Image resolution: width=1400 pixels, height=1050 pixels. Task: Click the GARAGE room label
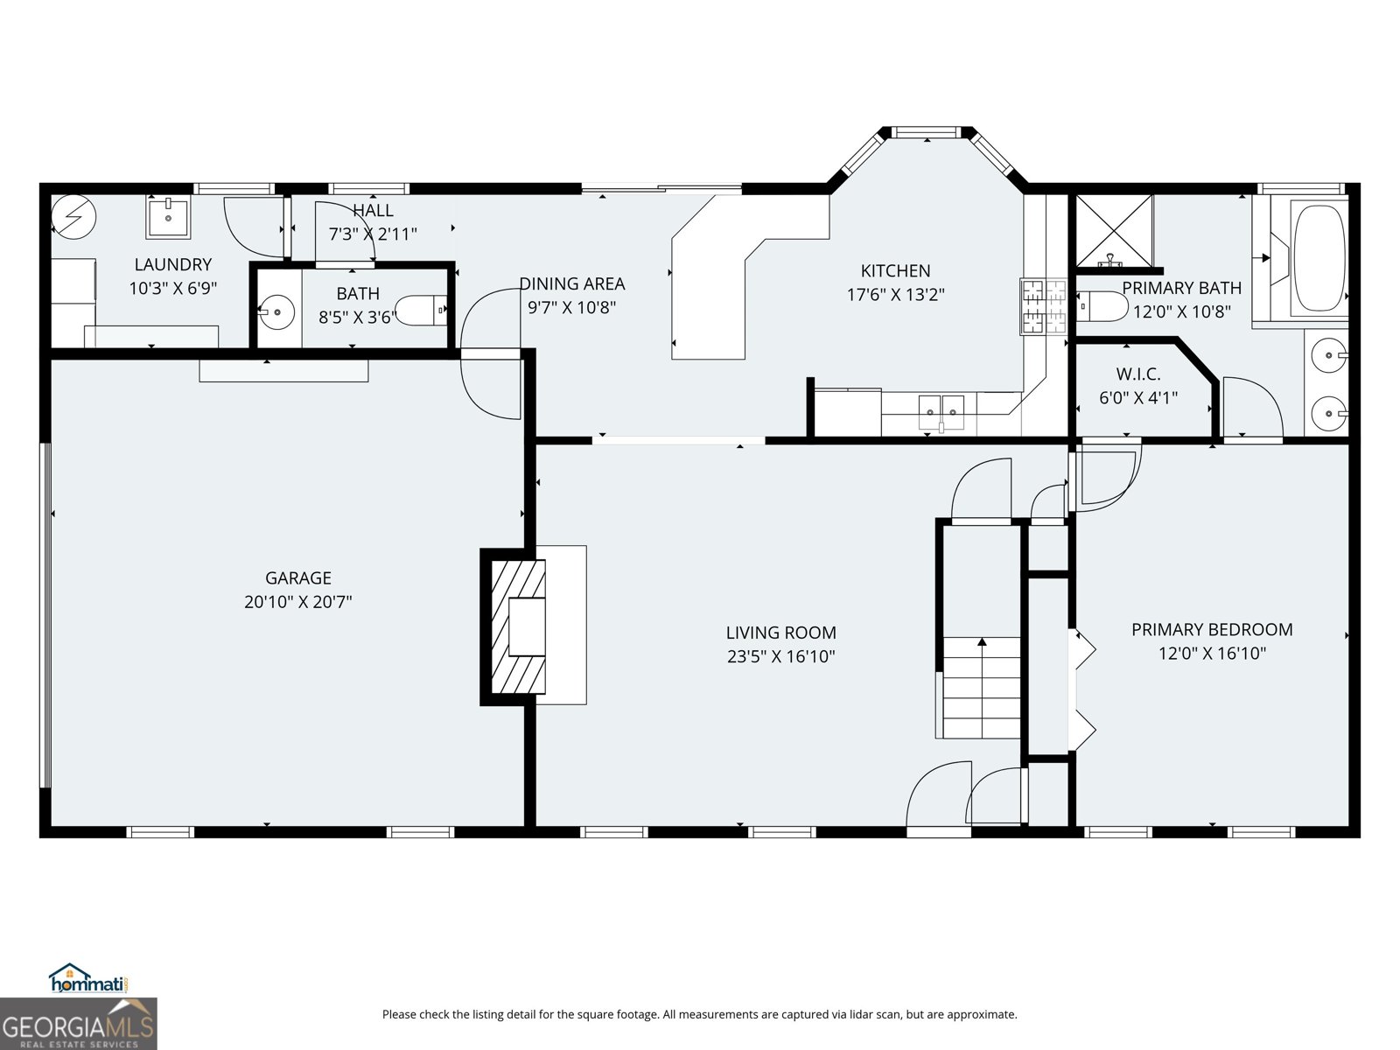tap(298, 577)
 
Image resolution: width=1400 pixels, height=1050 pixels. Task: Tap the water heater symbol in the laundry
tap(69, 214)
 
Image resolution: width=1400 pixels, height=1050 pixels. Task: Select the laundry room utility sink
tap(167, 217)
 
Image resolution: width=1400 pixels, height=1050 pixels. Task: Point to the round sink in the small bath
tap(277, 311)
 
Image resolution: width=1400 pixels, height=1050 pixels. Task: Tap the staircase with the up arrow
tap(982, 688)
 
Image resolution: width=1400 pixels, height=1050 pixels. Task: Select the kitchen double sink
tap(941, 409)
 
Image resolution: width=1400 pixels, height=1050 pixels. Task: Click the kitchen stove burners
tap(1043, 304)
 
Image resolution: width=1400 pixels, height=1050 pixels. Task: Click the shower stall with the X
tap(1113, 230)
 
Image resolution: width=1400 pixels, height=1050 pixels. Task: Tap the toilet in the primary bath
tap(1102, 306)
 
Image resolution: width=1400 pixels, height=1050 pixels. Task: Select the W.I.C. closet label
tap(1138, 374)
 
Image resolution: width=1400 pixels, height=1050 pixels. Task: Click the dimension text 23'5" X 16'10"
tap(780, 656)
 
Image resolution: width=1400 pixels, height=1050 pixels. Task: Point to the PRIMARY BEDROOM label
tap(1212, 629)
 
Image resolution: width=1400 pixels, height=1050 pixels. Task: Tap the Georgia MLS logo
tap(79, 1024)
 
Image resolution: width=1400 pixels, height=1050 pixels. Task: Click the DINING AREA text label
tap(572, 283)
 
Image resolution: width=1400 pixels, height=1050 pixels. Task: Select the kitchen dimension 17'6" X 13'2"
tap(895, 295)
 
